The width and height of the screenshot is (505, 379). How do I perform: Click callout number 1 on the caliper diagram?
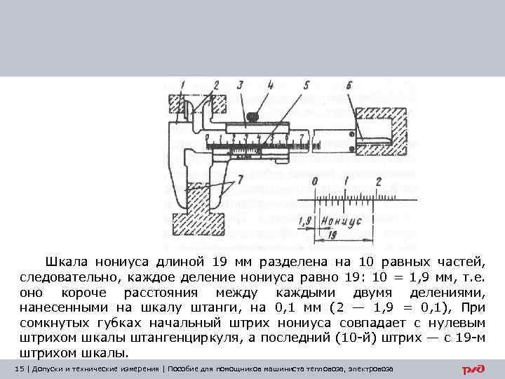(181, 86)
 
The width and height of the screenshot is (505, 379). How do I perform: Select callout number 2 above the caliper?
(216, 85)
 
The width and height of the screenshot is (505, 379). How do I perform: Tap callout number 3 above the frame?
(241, 85)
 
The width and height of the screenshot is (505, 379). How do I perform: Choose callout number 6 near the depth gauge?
(349, 86)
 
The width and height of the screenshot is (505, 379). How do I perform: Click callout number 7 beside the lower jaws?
(241, 180)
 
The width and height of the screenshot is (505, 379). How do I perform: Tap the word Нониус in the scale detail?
(341, 220)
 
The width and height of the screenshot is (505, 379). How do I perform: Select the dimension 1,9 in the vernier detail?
(304, 222)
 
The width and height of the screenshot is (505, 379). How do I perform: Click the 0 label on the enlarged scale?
(315, 182)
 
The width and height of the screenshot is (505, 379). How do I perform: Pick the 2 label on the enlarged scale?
(379, 182)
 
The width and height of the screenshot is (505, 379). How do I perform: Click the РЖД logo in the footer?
(473, 369)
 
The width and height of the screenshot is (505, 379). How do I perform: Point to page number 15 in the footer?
(18, 369)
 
